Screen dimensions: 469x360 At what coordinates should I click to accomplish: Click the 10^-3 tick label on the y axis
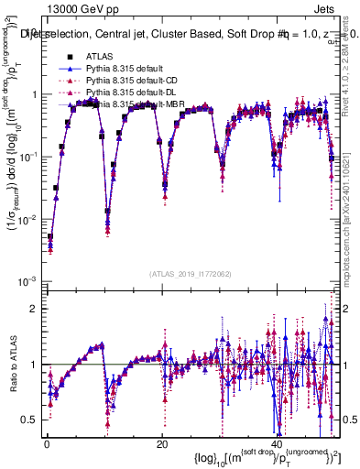click(x=28, y=280)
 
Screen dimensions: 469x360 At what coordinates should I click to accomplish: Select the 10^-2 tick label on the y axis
click(x=28, y=219)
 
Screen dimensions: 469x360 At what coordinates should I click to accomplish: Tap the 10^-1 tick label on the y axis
click(x=28, y=157)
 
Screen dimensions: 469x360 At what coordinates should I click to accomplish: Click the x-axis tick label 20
click(x=162, y=443)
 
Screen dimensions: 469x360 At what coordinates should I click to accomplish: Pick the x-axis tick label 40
click(x=278, y=443)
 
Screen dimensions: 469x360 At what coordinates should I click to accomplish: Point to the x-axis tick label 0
click(x=46, y=443)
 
